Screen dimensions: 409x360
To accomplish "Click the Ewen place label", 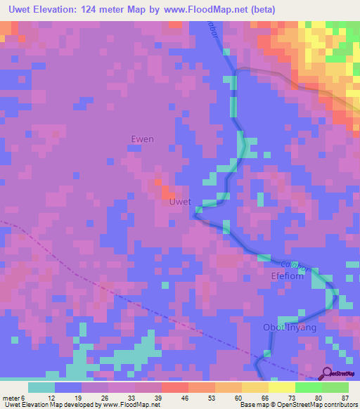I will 142,139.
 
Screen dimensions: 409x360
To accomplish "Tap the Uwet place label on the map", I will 180,202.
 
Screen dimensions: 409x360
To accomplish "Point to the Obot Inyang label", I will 290,327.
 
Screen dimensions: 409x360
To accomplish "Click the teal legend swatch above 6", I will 41,387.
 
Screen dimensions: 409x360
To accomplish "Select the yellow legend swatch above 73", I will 281,387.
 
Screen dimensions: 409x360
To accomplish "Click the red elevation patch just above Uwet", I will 167,190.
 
